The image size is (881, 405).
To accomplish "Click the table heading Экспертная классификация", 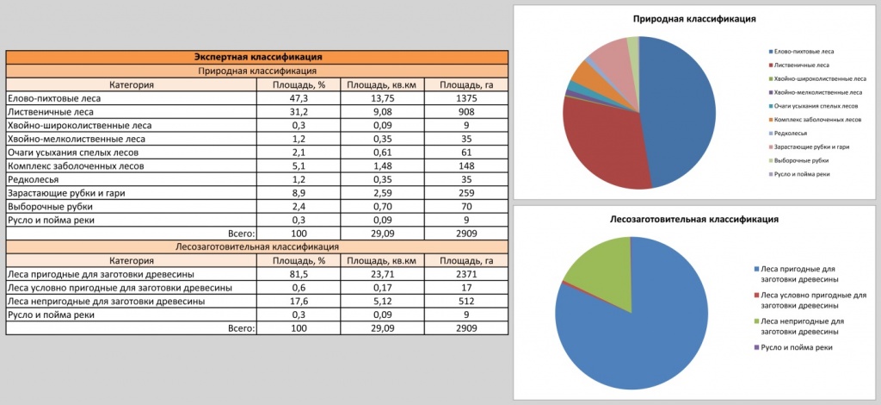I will coord(257,57).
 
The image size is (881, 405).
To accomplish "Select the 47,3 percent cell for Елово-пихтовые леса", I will coord(299,99).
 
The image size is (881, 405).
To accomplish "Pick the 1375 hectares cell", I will coord(465,99).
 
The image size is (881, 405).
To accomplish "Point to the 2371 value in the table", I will coord(465,274).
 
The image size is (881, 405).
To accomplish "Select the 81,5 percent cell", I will coord(299,274).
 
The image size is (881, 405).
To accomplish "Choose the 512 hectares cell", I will coord(465,302).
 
